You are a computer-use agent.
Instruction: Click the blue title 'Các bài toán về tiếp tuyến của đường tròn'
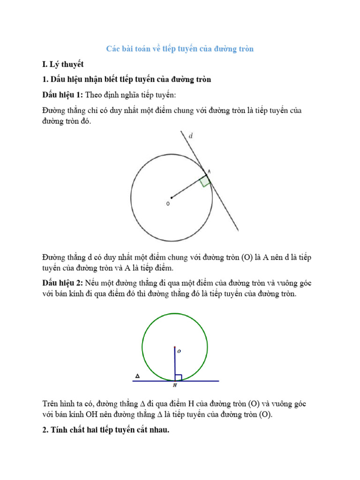(x=180, y=49)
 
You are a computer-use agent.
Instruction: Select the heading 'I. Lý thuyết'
(x=63, y=64)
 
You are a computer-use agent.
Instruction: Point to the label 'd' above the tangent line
(x=190, y=136)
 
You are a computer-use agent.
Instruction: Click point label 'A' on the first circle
(x=209, y=172)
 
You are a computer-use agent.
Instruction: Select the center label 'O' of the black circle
(x=167, y=204)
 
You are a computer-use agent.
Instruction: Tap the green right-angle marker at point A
(x=204, y=181)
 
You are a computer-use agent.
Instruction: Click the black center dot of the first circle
(x=172, y=197)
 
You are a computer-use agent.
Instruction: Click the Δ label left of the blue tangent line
(x=137, y=376)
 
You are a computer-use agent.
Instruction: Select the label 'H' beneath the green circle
(x=175, y=386)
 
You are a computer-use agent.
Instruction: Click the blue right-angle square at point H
(x=178, y=378)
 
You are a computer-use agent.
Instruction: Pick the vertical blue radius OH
(x=175, y=363)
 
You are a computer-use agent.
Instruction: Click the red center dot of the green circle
(x=175, y=347)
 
